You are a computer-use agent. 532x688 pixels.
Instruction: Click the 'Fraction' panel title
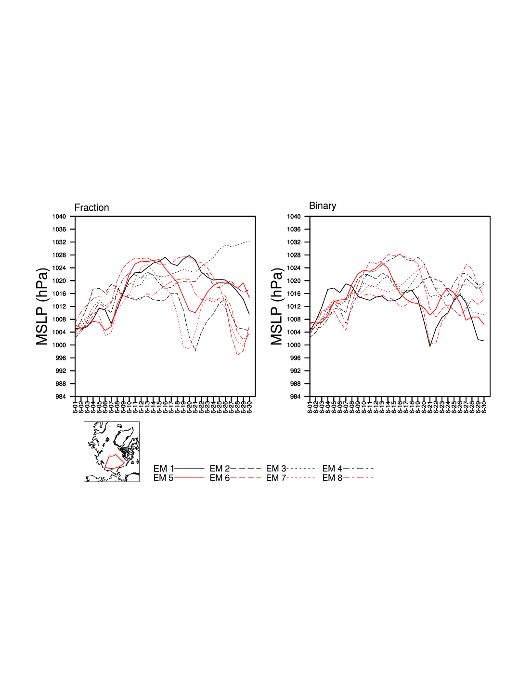click(x=91, y=207)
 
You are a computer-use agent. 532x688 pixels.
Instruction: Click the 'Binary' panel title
click(x=322, y=206)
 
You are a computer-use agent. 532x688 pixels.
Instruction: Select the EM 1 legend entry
click(x=179, y=468)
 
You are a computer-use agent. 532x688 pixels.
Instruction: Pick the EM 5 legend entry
click(x=179, y=478)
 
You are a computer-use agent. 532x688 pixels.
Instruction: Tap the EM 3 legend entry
click(x=290, y=468)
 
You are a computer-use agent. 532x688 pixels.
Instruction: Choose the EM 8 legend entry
click(x=347, y=478)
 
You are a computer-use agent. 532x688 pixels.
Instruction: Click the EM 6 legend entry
click(x=235, y=478)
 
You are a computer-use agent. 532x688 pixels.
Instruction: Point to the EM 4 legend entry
click(x=347, y=468)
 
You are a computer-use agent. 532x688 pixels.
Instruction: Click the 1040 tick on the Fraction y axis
click(x=59, y=217)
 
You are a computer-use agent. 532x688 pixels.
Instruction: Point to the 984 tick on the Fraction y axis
click(x=61, y=396)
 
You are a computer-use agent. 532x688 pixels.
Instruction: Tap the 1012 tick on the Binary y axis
click(x=294, y=306)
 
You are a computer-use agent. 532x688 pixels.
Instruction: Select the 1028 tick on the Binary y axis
click(x=294, y=255)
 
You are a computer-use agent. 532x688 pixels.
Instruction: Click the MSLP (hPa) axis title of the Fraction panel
click(x=42, y=306)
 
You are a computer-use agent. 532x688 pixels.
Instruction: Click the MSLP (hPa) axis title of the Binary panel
click(x=276, y=306)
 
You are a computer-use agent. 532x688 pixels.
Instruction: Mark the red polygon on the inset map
click(x=115, y=461)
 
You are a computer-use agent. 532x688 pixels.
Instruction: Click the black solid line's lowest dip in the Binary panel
click(x=430, y=346)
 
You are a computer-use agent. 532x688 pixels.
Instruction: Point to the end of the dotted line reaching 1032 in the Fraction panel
click(x=249, y=241)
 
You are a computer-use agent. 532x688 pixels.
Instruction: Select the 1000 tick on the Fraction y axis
click(x=59, y=345)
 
